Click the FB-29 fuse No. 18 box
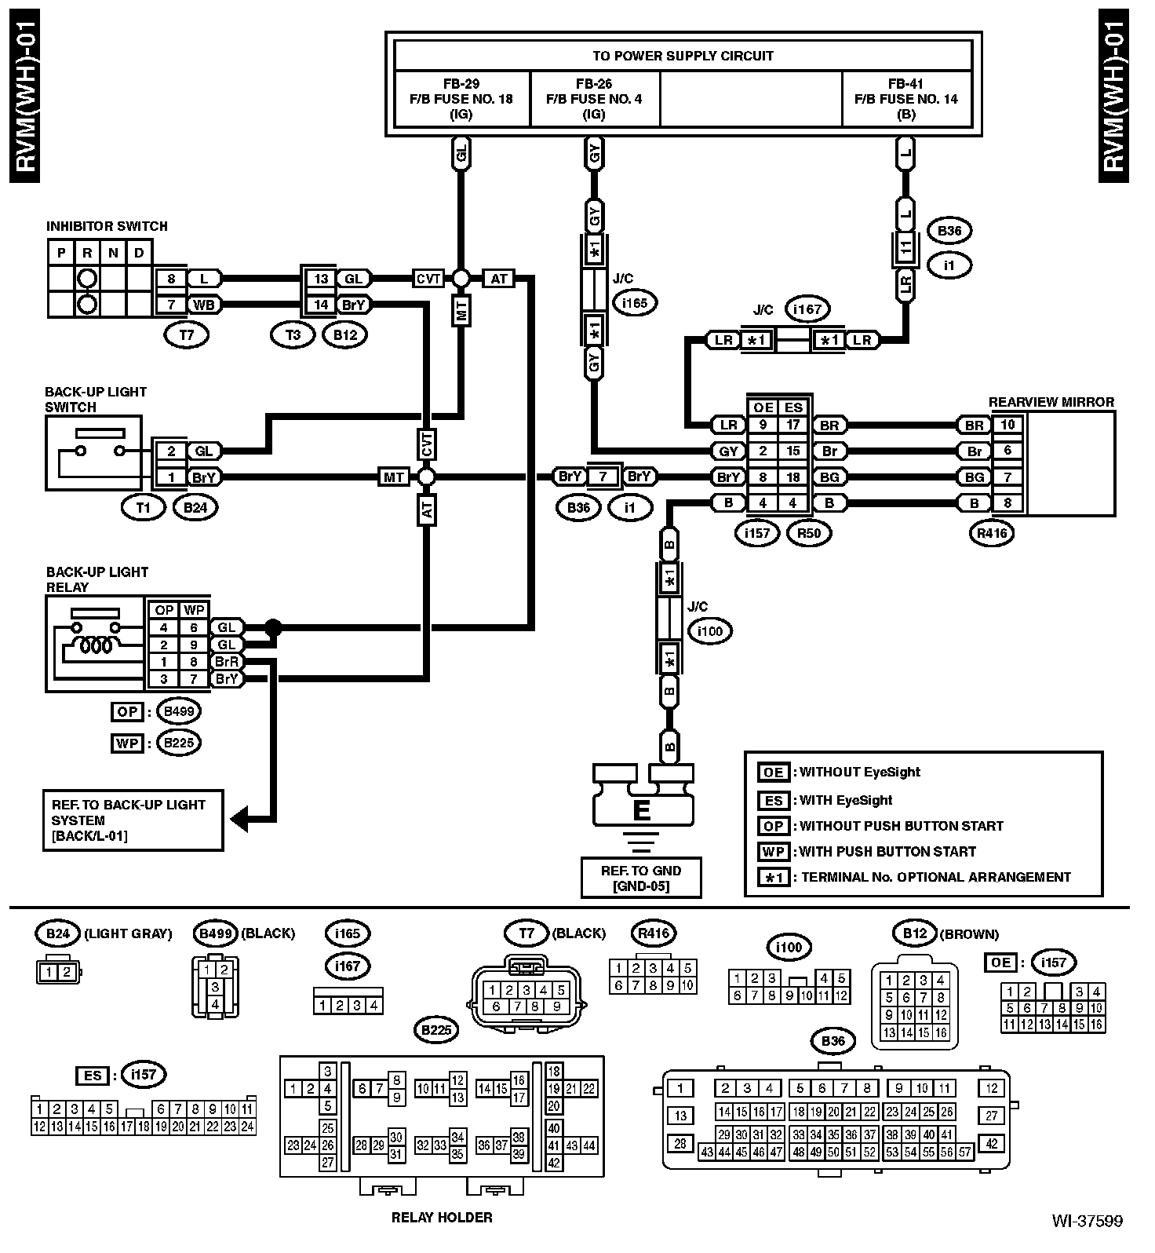click(462, 99)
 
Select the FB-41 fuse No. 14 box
click(906, 99)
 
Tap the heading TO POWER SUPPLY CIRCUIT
click(683, 56)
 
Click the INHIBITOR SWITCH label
click(107, 226)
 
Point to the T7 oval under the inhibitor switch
click(186, 335)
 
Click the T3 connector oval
click(293, 335)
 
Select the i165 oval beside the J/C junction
click(635, 302)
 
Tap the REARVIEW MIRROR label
click(1051, 402)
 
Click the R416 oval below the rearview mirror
click(993, 534)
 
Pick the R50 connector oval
click(808, 534)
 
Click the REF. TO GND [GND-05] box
click(641, 878)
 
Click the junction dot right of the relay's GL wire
click(272, 627)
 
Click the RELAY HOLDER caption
click(442, 1218)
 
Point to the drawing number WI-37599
click(1088, 1243)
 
